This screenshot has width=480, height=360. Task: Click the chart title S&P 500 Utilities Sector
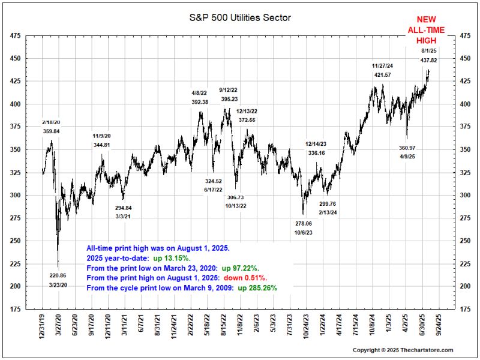click(x=239, y=17)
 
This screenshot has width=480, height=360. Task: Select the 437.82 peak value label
click(x=428, y=61)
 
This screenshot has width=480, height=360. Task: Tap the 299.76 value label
click(x=327, y=203)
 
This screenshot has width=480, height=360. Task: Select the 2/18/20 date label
click(x=51, y=122)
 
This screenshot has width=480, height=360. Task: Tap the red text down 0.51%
click(x=246, y=278)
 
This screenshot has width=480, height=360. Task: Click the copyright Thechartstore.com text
click(x=403, y=350)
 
